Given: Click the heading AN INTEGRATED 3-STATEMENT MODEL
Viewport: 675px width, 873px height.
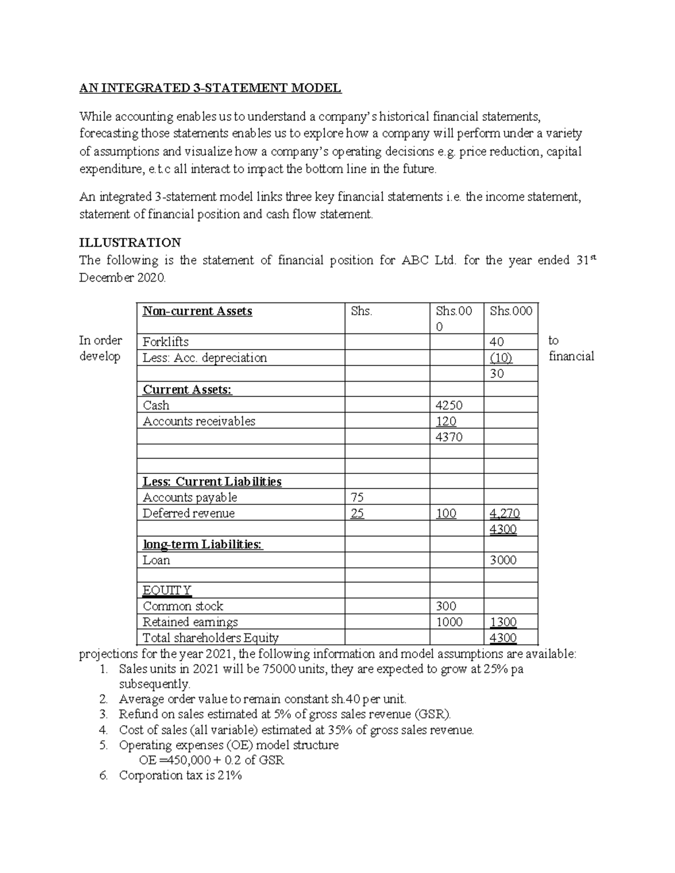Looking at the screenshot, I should [x=210, y=88].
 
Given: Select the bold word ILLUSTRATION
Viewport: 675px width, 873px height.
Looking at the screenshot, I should [x=130, y=242].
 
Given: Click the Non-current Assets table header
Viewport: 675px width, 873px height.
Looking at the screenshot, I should [x=197, y=311].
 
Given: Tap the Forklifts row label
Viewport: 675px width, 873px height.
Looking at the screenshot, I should [x=165, y=342].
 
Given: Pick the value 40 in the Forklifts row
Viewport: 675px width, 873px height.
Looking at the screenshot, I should [x=497, y=342].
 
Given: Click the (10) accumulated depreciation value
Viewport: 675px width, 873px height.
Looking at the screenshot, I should [x=501, y=358].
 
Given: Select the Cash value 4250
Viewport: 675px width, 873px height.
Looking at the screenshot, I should [x=449, y=405].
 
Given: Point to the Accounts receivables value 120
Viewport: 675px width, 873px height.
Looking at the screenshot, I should [x=446, y=421].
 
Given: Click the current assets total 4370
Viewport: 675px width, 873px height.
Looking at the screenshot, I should [x=449, y=437].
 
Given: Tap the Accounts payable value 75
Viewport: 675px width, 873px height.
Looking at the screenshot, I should [x=357, y=497].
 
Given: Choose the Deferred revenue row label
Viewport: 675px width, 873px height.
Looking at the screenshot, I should [x=188, y=513].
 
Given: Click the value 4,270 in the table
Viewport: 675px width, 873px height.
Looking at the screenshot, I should [x=505, y=513].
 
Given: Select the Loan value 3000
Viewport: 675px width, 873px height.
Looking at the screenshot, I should [x=503, y=560].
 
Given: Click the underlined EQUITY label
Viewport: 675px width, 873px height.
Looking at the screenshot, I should [x=167, y=590].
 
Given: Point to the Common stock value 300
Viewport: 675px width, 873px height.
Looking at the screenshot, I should [x=446, y=606].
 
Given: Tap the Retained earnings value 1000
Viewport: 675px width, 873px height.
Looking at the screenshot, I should [x=449, y=622].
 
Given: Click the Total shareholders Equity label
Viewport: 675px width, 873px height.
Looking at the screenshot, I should [x=210, y=637].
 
